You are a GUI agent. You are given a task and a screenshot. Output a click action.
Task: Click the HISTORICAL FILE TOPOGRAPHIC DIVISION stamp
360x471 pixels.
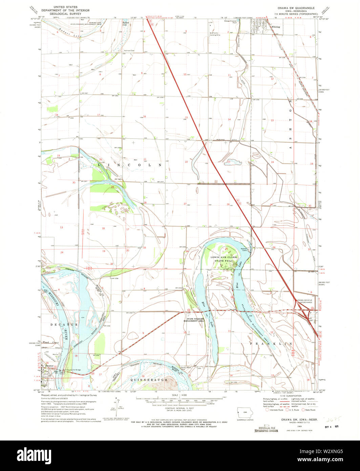(266, 429)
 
